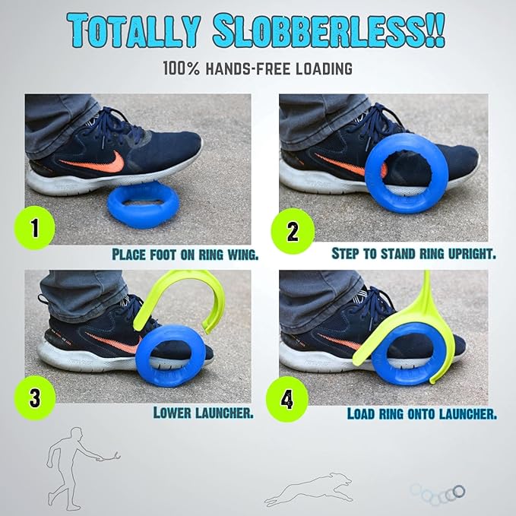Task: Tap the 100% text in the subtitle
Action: tap(179, 68)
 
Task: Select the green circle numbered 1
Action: tap(34, 227)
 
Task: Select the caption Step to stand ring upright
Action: tap(413, 253)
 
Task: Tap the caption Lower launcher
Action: tap(203, 413)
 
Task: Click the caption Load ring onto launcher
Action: tap(422, 414)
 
